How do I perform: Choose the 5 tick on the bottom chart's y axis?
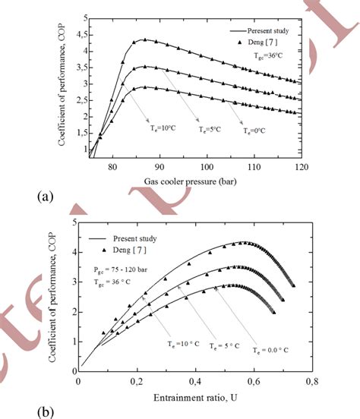71,222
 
